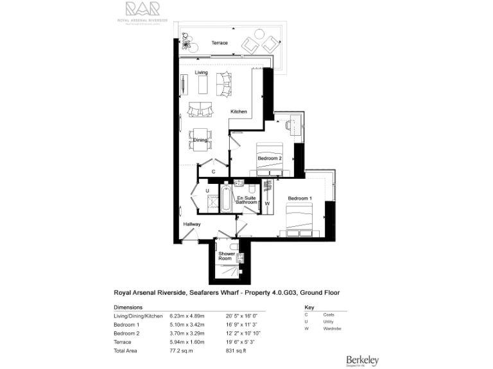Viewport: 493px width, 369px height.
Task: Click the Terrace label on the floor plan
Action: tap(220, 43)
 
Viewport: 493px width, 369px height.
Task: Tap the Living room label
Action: tap(202, 73)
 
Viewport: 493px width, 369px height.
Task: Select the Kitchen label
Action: tap(239, 111)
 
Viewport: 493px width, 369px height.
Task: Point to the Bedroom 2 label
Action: tap(270, 158)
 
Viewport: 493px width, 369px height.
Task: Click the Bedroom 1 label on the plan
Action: tap(300, 199)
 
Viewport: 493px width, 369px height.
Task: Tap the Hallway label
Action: tap(192, 224)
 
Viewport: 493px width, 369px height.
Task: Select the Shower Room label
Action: tap(227, 256)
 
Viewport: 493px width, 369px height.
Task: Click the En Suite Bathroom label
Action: tap(246, 200)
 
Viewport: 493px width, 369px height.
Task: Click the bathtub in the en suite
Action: tap(226, 199)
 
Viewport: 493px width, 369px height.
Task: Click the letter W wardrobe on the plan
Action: tap(267, 204)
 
